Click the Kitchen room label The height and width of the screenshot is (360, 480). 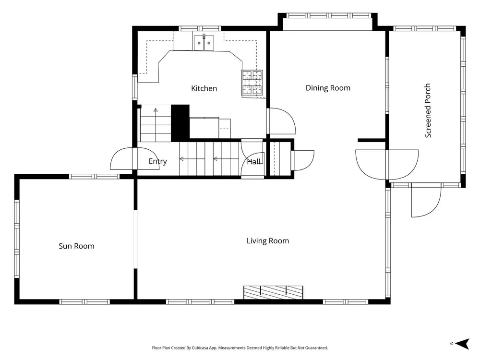point(204,88)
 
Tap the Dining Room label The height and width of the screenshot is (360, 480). point(328,88)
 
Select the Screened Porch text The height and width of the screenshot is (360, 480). point(428,110)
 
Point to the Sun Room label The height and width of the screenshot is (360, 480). point(76,246)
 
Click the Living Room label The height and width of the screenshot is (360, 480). point(268,241)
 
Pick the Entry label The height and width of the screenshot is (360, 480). point(157,161)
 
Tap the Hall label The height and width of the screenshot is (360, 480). point(253,162)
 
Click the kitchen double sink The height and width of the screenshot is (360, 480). point(204,43)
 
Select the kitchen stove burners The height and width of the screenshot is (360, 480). point(252,83)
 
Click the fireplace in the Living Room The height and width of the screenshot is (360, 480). point(274,292)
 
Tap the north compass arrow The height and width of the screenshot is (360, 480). point(462,344)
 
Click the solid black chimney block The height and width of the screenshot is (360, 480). point(180,123)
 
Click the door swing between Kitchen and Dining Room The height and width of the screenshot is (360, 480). point(282,121)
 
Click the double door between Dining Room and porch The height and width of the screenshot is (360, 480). point(387,164)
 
